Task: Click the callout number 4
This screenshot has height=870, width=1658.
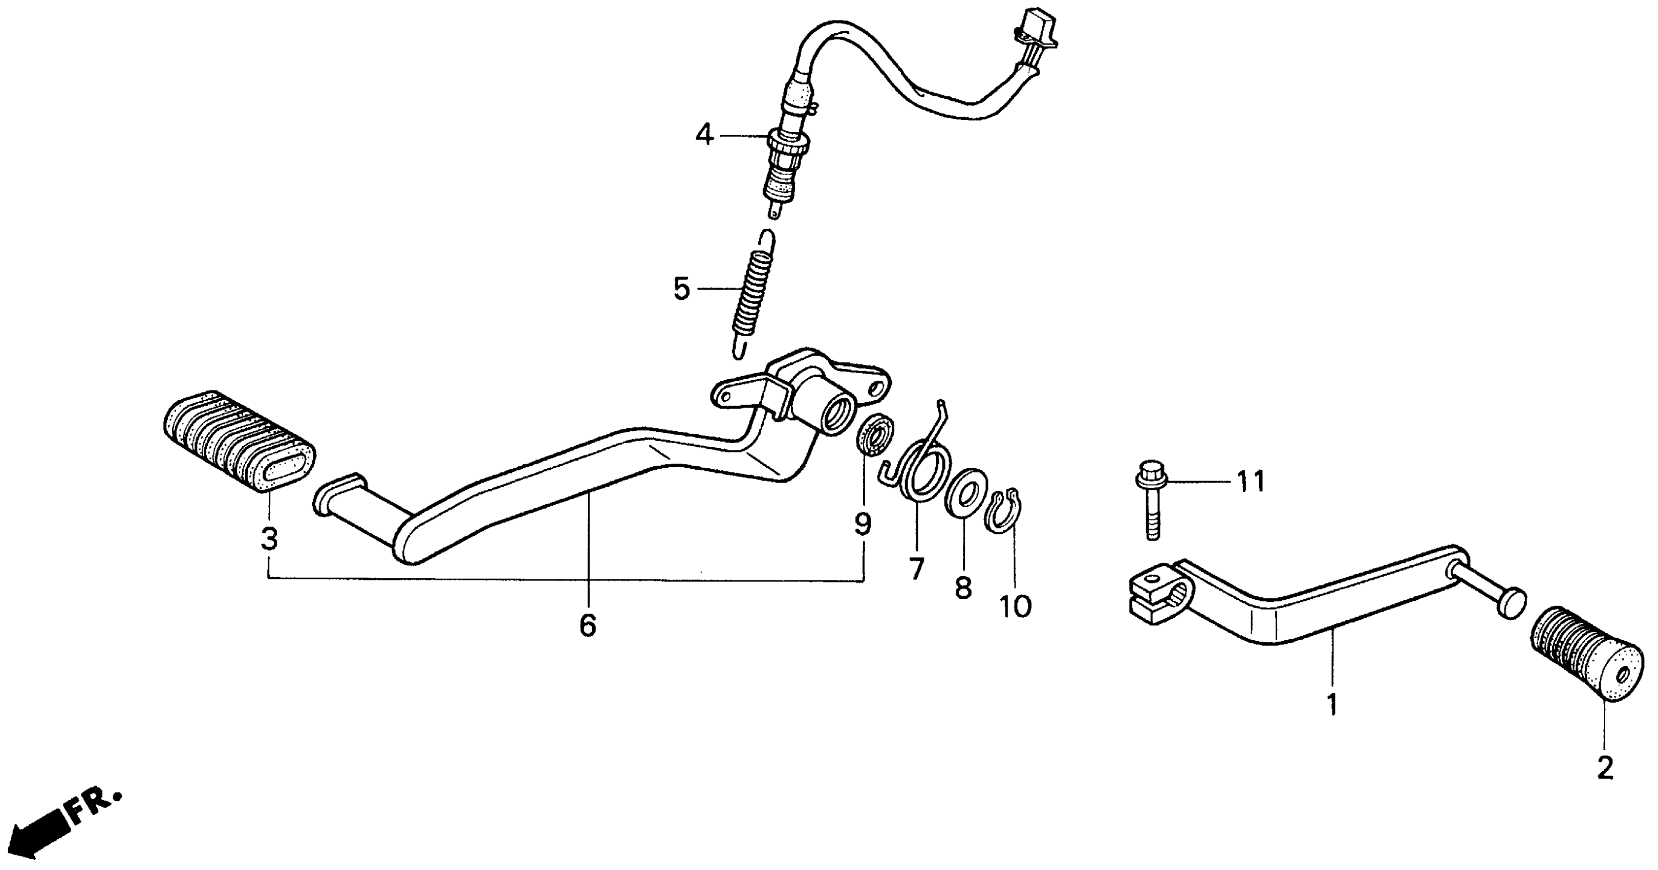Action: click(x=705, y=135)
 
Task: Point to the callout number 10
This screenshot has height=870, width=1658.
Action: click(x=1015, y=606)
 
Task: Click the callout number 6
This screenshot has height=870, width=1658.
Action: click(x=588, y=625)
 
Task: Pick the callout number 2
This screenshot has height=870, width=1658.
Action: click(x=1605, y=768)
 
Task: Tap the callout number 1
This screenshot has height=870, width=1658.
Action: click(x=1332, y=705)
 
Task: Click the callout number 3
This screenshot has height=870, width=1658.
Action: click(x=269, y=539)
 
